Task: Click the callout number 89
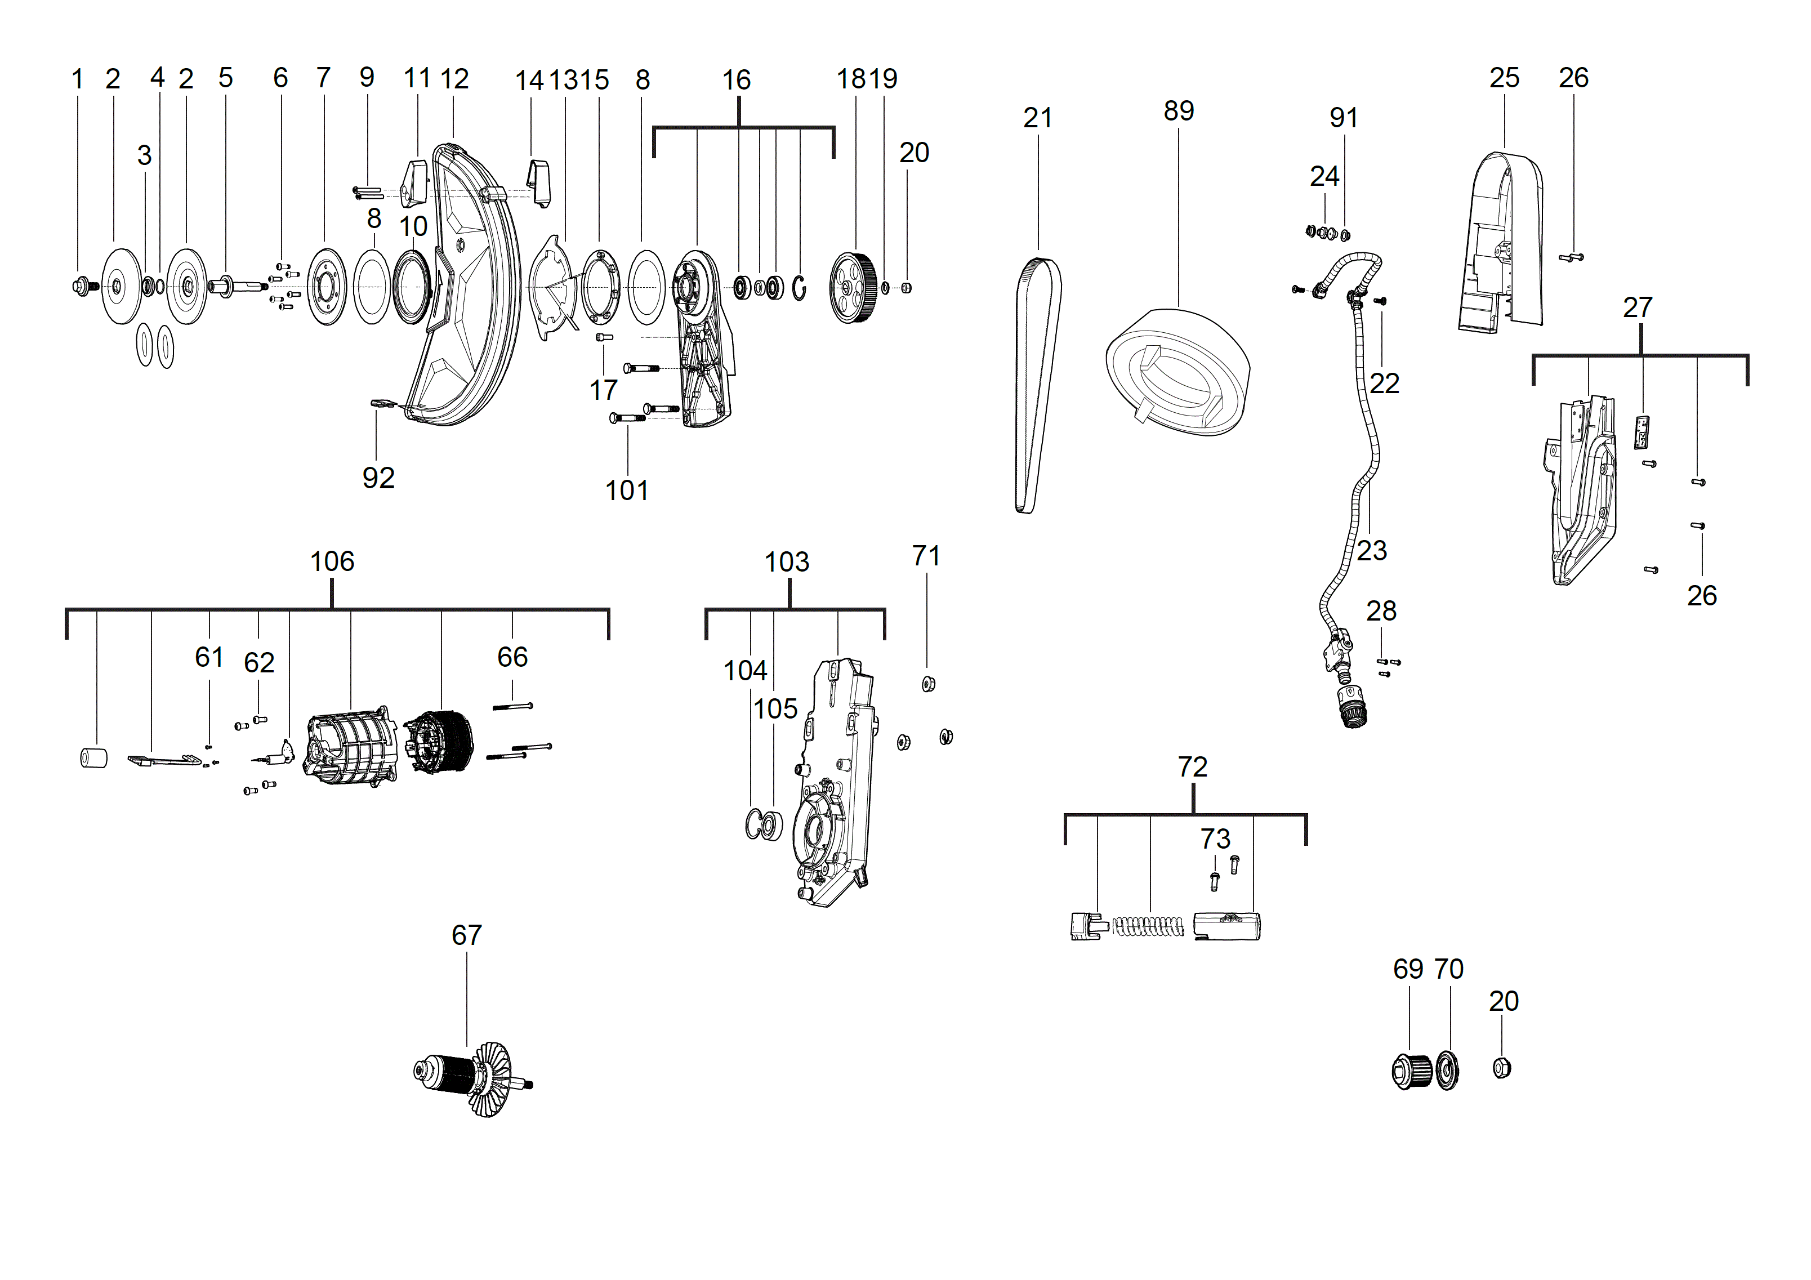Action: (1179, 111)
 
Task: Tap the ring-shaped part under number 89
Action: (1177, 371)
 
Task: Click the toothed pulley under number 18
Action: (854, 288)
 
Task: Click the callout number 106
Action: (332, 561)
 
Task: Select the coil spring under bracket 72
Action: (1148, 926)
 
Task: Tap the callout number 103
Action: (786, 563)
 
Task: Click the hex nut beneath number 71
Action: (929, 684)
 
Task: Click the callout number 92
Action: (378, 478)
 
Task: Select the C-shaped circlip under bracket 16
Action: (800, 289)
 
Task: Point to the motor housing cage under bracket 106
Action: (350, 747)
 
